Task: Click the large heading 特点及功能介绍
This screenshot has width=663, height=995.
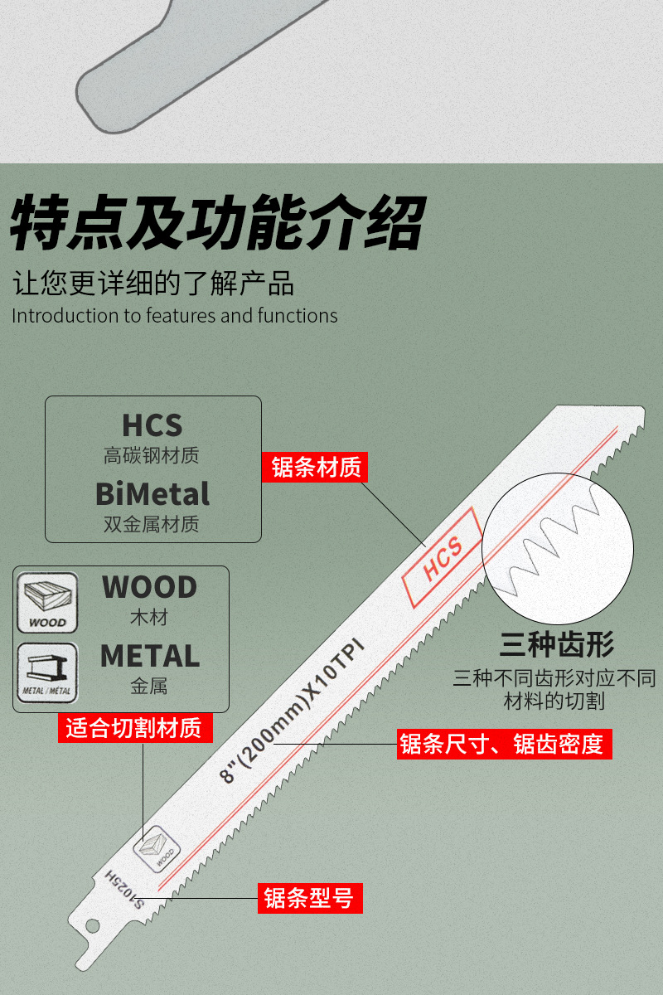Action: pyautogui.click(x=217, y=222)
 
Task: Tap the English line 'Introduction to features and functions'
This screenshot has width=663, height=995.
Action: pyautogui.click(x=175, y=316)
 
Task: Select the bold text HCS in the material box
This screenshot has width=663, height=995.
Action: pyautogui.click(x=152, y=425)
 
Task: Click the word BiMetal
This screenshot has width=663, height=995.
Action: pyautogui.click(x=152, y=494)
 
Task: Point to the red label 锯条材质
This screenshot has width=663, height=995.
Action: pyautogui.click(x=316, y=468)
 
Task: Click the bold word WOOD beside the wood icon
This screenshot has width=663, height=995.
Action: pyautogui.click(x=149, y=587)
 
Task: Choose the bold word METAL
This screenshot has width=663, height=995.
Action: pyautogui.click(x=150, y=656)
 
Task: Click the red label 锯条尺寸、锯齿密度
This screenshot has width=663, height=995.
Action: pyautogui.click(x=504, y=744)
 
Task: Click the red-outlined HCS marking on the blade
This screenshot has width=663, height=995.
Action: pyautogui.click(x=442, y=557)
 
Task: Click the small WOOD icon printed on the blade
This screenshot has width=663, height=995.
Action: pyautogui.click(x=157, y=848)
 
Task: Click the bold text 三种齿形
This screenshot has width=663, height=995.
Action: pyautogui.click(x=556, y=645)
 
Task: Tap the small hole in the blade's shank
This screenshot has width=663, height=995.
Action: pyautogui.click(x=93, y=925)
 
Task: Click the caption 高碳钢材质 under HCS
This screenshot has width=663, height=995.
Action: pyautogui.click(x=152, y=456)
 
